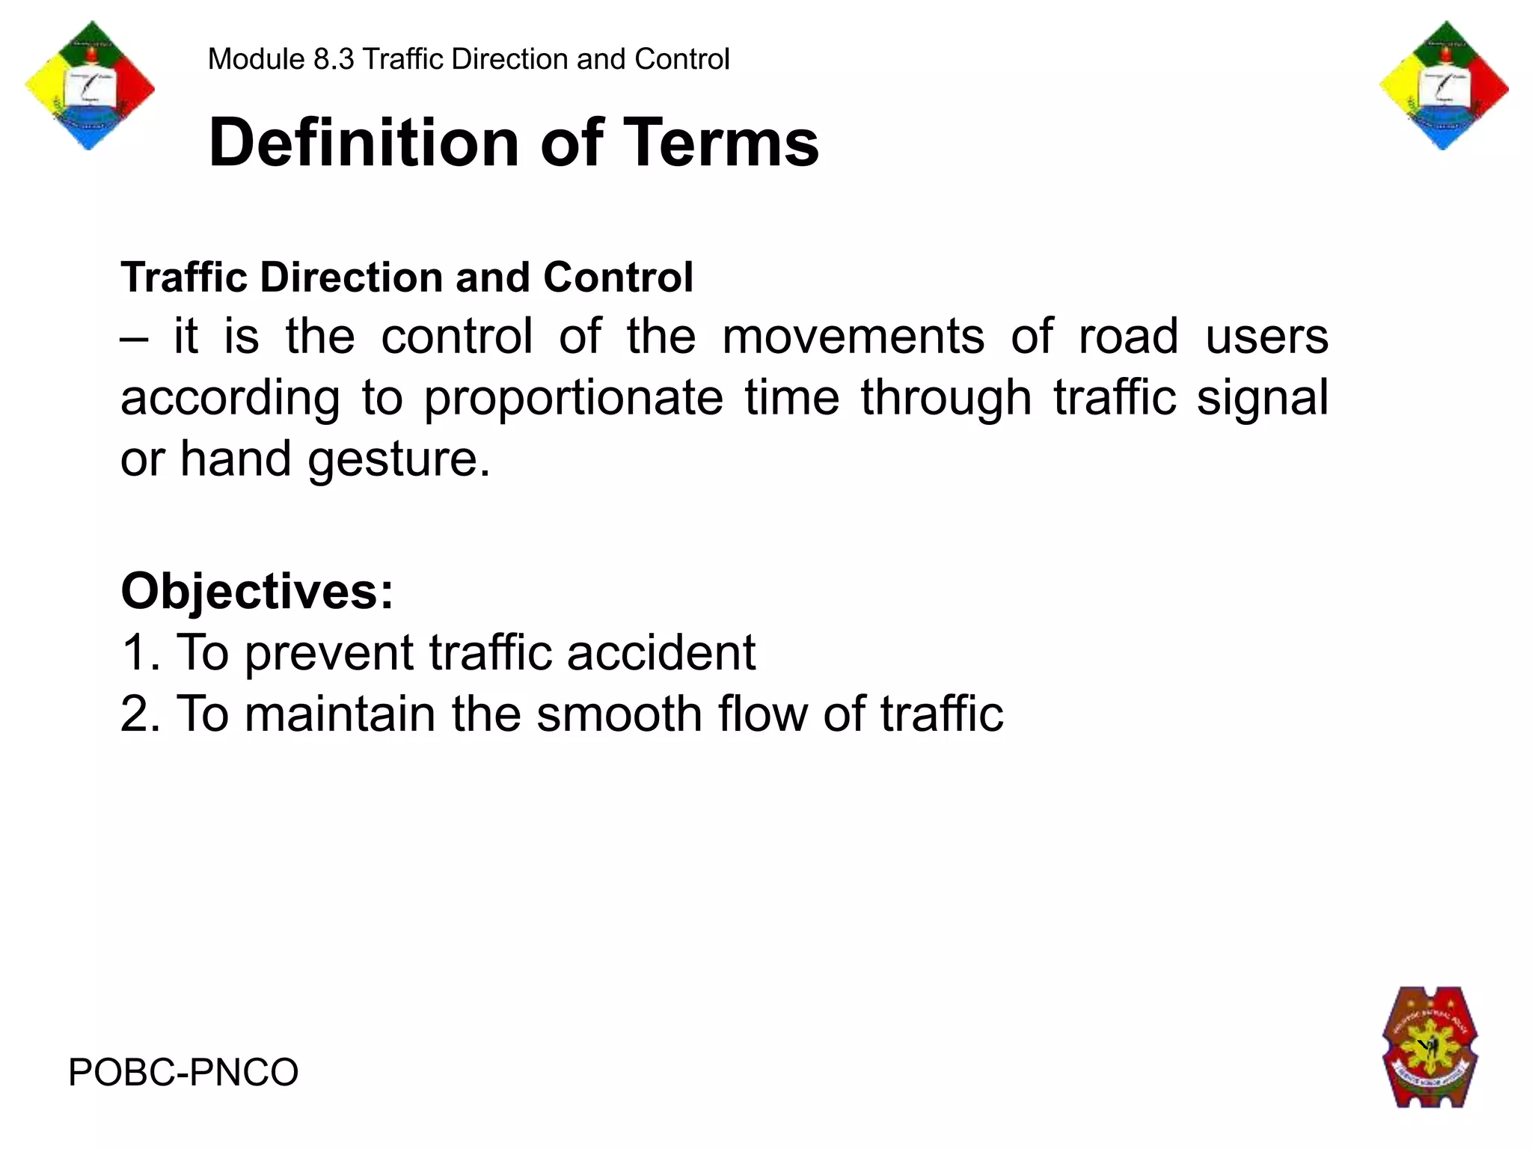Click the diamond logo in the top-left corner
[90, 86]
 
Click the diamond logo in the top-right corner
[1443, 86]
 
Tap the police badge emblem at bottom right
[1430, 1047]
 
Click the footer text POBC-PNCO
[183, 1072]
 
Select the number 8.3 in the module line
[334, 59]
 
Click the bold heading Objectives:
[257, 591]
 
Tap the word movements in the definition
[853, 336]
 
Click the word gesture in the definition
[399, 459]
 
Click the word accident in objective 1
[661, 652]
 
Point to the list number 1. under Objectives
[140, 652]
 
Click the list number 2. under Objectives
[140, 714]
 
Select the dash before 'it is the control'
[134, 337]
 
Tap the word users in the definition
[1266, 336]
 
